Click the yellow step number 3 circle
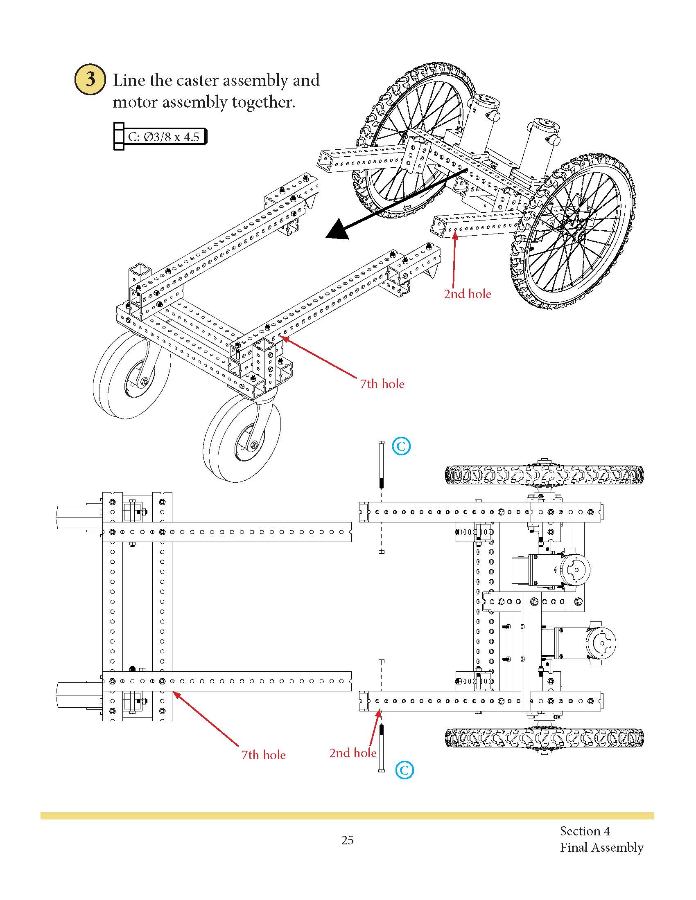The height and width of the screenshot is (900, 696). point(90,79)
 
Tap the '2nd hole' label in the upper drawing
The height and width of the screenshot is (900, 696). point(467,294)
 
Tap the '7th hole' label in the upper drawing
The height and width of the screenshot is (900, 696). point(382,384)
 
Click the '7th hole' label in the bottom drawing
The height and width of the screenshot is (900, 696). point(263,755)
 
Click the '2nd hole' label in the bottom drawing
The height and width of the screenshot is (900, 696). point(353,753)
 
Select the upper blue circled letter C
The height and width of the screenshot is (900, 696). point(401,446)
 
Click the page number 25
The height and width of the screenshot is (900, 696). point(347,840)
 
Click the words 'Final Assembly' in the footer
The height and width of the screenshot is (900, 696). point(601,847)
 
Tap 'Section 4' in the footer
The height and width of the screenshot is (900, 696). point(585,831)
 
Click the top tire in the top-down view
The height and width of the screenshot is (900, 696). point(544,475)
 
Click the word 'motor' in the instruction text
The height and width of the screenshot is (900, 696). point(135,102)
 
